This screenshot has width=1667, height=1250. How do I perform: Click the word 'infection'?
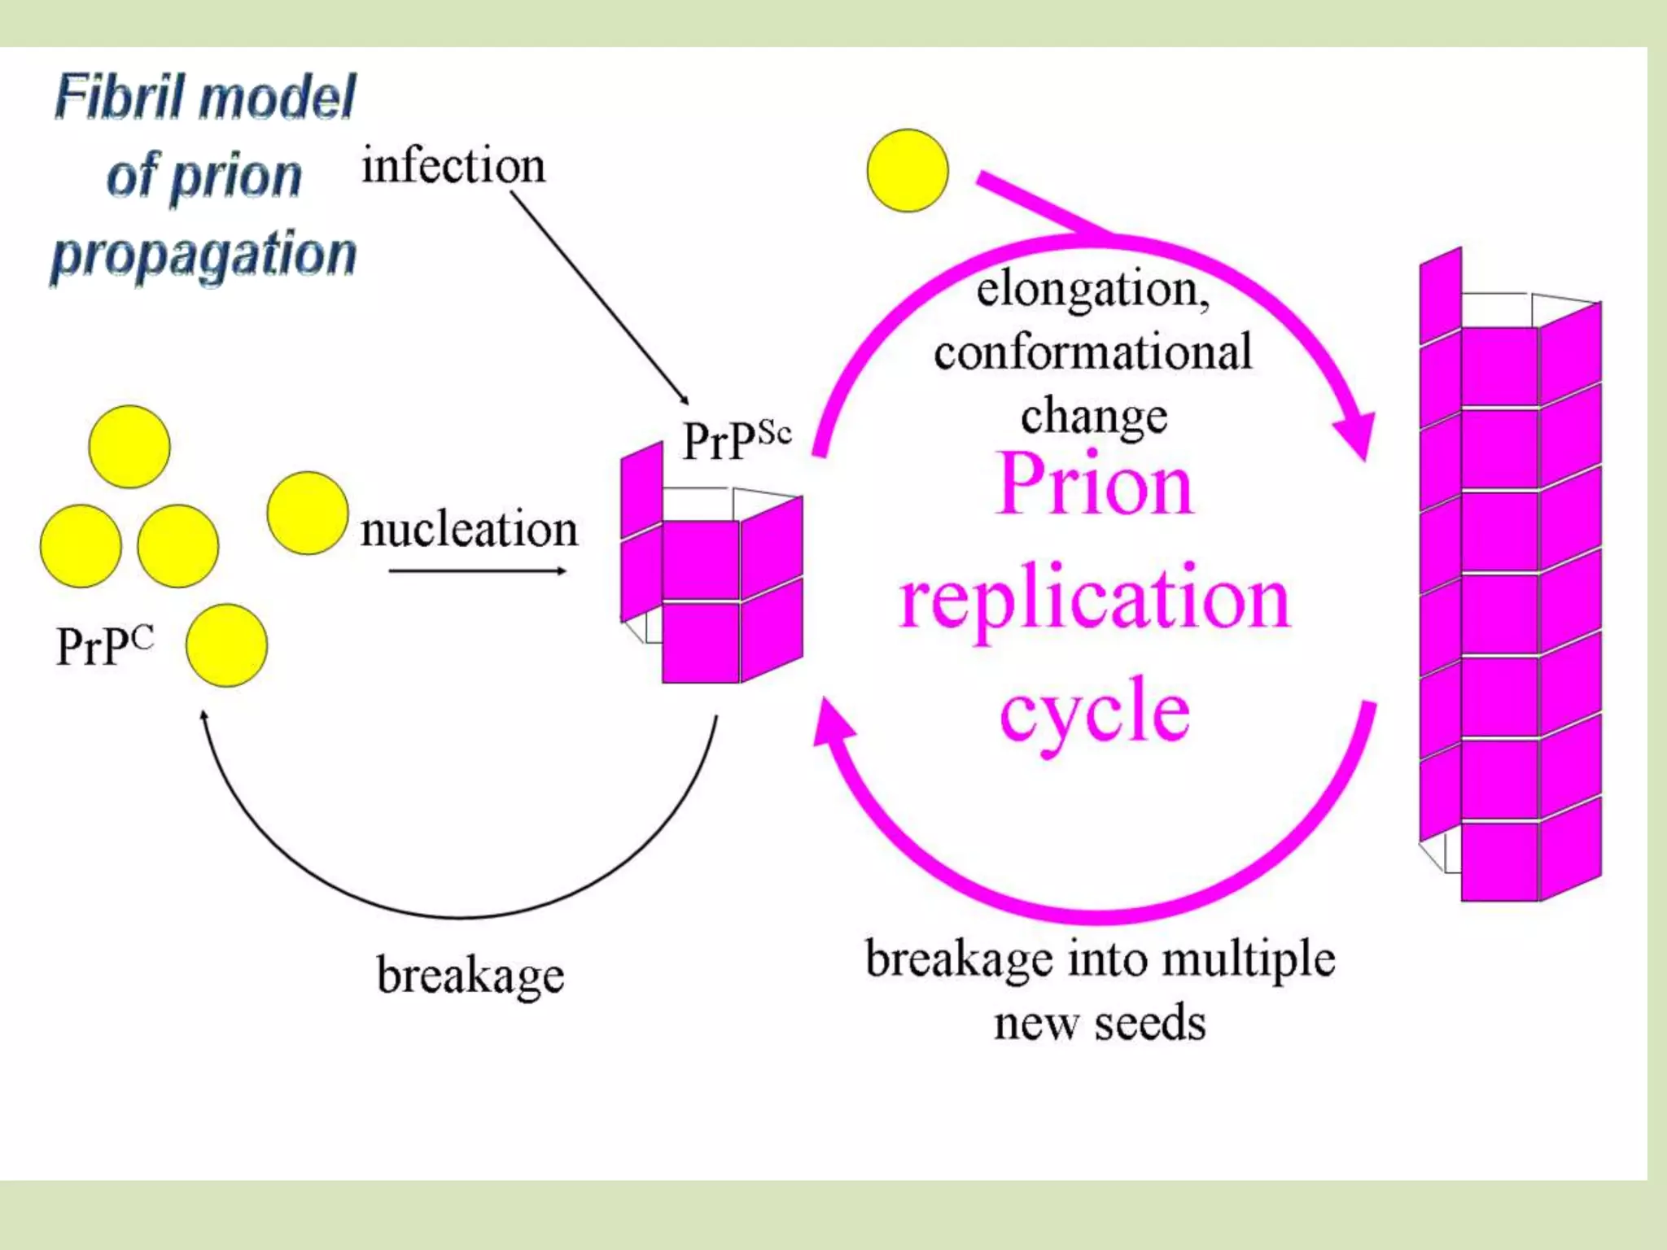point(453,166)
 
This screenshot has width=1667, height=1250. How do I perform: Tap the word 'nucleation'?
point(469,530)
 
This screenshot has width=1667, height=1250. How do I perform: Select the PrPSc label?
point(736,440)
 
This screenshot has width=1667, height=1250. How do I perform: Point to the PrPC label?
point(103,647)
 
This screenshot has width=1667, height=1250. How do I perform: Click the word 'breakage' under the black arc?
point(470,975)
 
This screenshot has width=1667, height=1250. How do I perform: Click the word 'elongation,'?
point(1092,290)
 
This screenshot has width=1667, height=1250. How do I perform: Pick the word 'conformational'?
point(1092,352)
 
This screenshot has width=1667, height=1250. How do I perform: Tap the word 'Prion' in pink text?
point(1095,485)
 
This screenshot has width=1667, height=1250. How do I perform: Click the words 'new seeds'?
point(1099,1023)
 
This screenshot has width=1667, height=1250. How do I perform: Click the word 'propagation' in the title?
point(203,254)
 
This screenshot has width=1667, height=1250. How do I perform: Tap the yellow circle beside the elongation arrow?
point(908,170)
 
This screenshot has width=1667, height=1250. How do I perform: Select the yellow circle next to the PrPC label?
point(226,645)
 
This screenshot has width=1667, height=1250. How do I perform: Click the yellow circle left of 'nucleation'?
point(307,514)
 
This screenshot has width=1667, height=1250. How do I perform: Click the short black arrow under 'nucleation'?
point(476,571)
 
